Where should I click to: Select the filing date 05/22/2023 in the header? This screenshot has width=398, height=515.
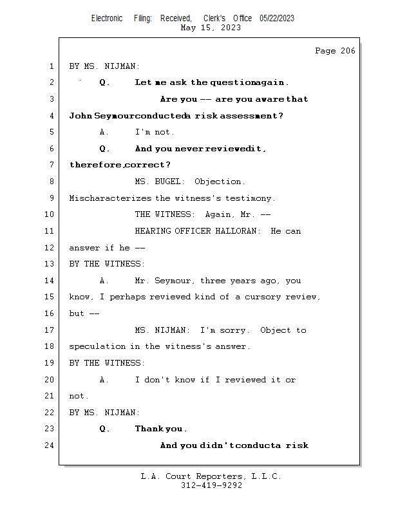click(x=277, y=18)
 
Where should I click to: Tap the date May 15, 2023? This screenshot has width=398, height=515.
click(x=211, y=28)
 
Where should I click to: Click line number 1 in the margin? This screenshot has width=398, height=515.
click(x=51, y=66)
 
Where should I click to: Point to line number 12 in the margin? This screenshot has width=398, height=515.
click(x=49, y=248)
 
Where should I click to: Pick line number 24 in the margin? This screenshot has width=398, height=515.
click(x=49, y=445)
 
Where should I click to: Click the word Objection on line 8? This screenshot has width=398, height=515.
click(x=220, y=182)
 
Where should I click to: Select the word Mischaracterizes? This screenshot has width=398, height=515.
click(x=110, y=198)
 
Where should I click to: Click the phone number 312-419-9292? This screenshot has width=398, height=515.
click(x=211, y=485)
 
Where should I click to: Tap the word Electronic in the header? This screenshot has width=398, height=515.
click(x=107, y=18)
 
